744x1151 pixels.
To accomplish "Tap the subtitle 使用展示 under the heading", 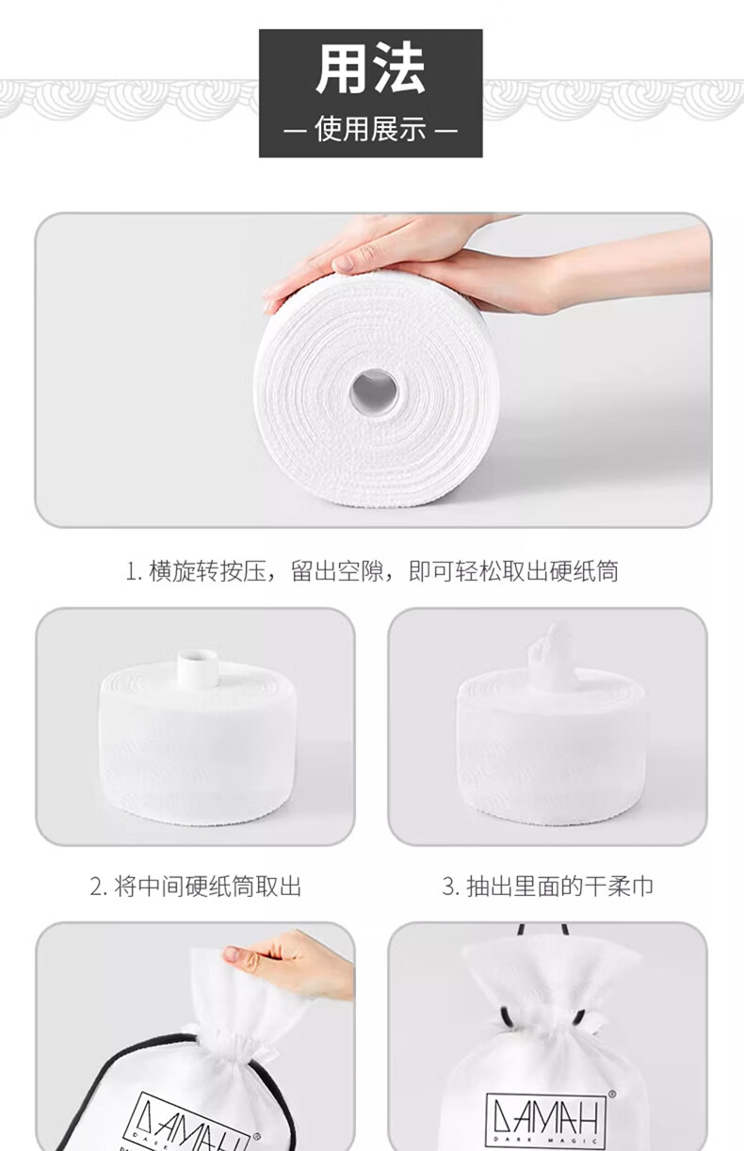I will (x=370, y=128).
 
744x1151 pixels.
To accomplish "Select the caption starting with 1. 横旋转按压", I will (x=371, y=571).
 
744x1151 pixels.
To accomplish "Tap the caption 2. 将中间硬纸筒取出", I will (x=195, y=886).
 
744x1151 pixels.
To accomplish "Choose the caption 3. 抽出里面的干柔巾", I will (x=547, y=886).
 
